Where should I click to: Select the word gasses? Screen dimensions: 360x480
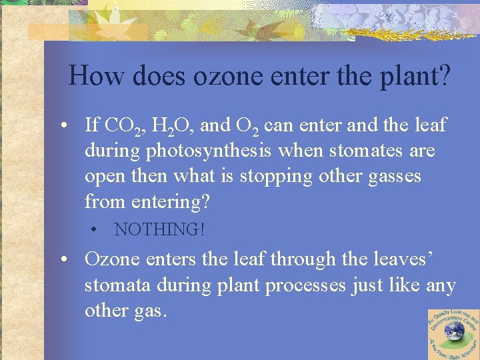[x=392, y=177]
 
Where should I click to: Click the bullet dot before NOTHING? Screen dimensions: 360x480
[x=97, y=230]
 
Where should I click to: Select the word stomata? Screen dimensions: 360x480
[x=119, y=285]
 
